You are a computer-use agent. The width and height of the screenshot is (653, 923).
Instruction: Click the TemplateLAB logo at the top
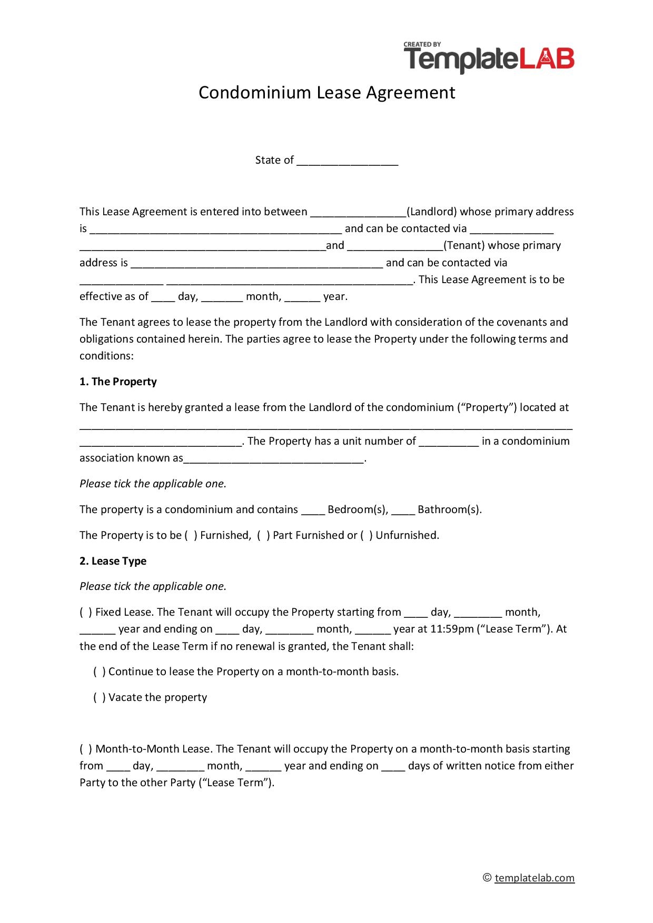[489, 57]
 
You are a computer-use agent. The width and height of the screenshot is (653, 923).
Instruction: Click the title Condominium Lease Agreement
[326, 93]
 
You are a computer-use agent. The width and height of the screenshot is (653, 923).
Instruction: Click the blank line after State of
[347, 161]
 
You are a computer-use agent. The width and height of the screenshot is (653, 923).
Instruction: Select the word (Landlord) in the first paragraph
[432, 212]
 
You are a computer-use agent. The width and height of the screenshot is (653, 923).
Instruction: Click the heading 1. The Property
[118, 382]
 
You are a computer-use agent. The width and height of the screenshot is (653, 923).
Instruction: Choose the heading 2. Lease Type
[113, 561]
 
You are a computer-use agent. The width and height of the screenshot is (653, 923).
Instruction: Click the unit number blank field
[449, 442]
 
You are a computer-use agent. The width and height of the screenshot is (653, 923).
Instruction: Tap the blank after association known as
[274, 459]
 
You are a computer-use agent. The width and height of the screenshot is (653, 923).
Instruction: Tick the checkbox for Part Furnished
[264, 536]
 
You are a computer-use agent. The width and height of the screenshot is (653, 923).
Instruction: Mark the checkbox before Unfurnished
[367, 536]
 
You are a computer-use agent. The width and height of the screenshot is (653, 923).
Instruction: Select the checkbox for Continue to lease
[100, 672]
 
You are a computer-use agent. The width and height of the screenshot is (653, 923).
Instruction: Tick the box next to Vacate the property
[100, 698]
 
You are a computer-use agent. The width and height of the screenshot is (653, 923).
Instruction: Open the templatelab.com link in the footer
[535, 878]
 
